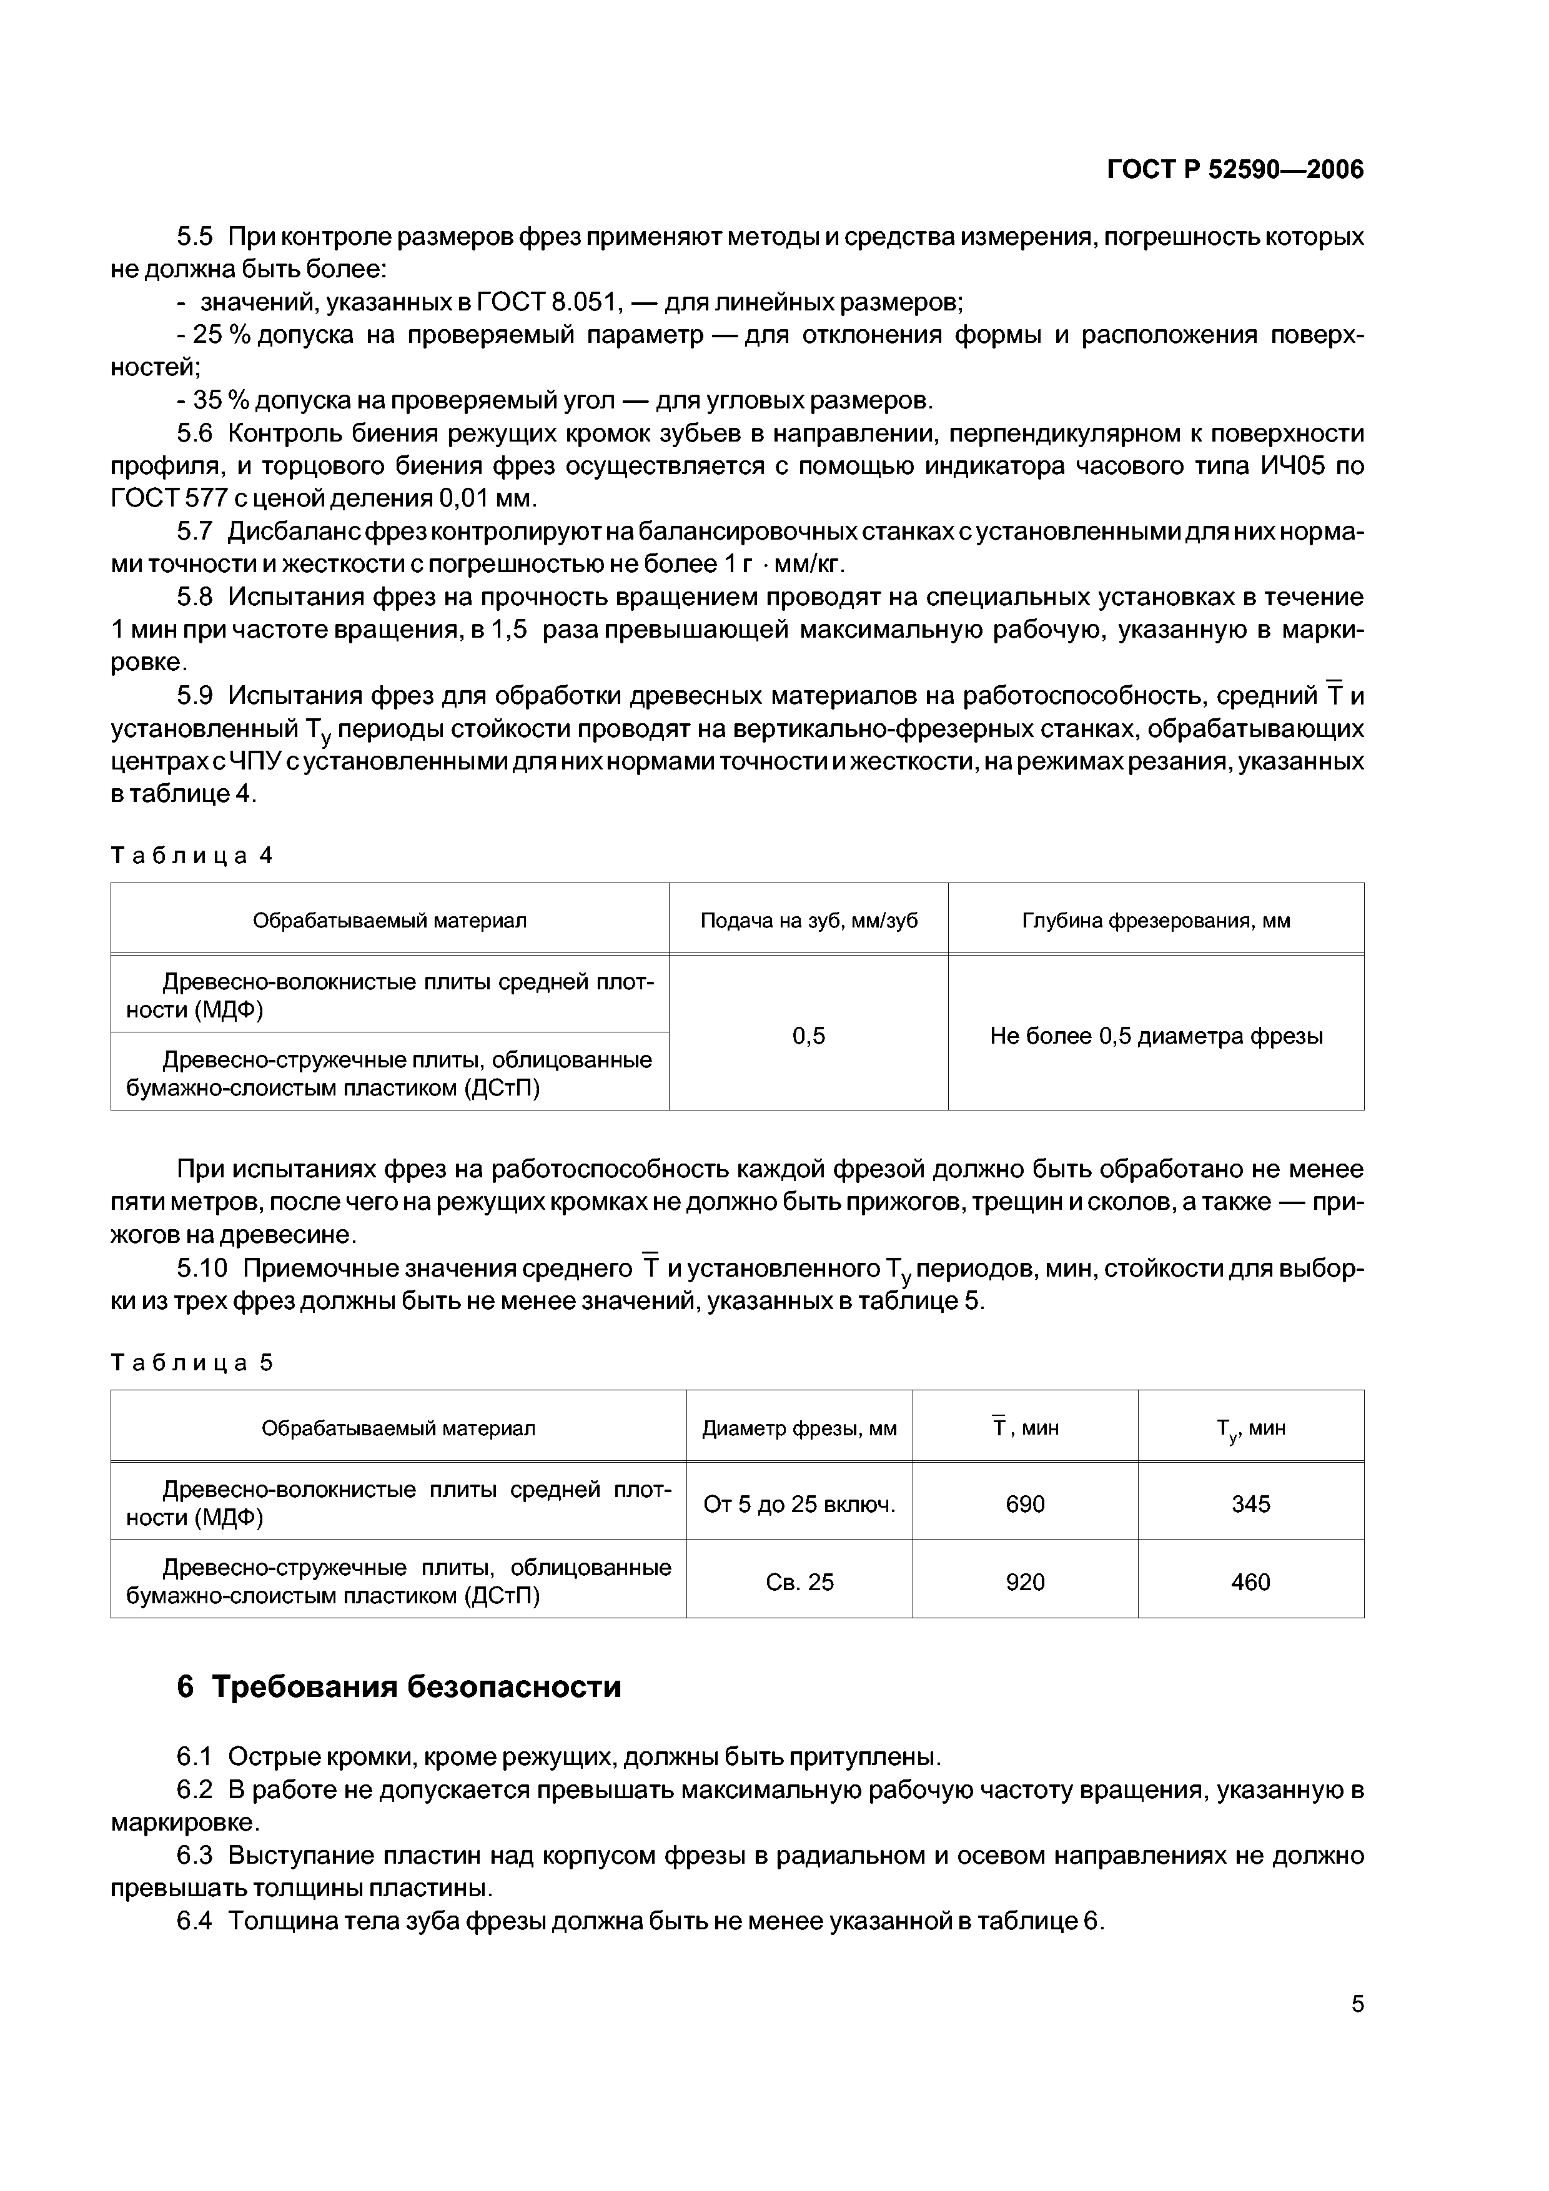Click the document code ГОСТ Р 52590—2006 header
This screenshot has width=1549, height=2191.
(1235, 170)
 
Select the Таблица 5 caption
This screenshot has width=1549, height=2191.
(192, 1363)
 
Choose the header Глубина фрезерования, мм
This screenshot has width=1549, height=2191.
(1156, 920)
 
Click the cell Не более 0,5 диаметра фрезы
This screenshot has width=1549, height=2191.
(1156, 1036)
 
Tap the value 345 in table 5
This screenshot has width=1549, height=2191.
(1250, 1504)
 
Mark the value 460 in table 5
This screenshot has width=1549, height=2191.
(1250, 1582)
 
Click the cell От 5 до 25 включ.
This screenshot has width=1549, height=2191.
(799, 1504)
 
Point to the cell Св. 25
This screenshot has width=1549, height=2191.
(799, 1582)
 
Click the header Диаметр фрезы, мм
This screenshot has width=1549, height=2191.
(799, 1428)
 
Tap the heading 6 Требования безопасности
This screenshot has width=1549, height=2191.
(399, 1687)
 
